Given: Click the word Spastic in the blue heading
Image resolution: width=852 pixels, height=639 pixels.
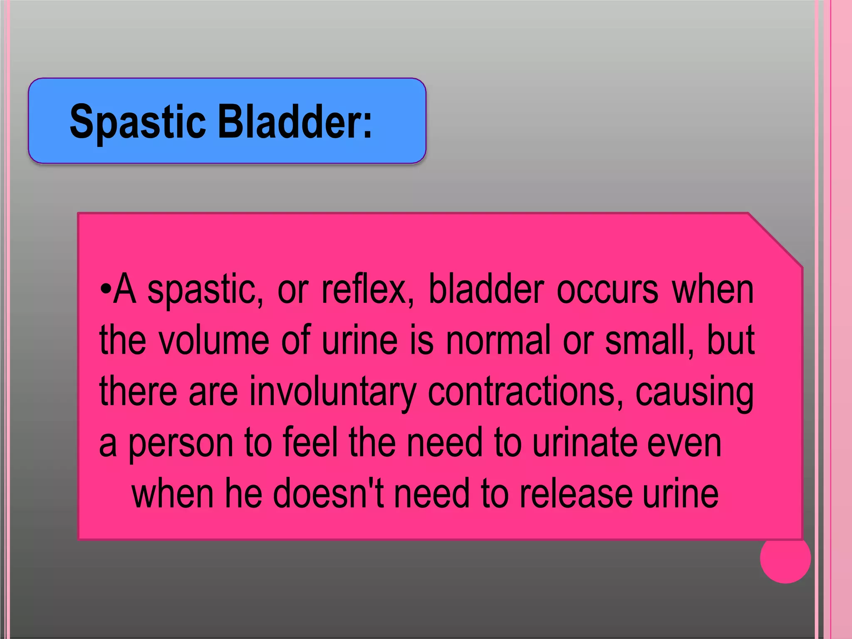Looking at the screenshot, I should [x=137, y=122].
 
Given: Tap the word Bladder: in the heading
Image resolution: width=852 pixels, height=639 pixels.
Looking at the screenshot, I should [x=295, y=121].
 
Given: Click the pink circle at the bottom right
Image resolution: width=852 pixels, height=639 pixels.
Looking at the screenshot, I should [x=785, y=558].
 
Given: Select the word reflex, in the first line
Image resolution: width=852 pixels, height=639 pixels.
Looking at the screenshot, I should [x=368, y=290].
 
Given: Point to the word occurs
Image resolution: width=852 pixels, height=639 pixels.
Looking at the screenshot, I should [x=607, y=290].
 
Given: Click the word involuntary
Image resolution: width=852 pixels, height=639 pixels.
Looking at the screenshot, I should [x=332, y=392].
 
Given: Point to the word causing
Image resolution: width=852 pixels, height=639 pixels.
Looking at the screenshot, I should [x=694, y=392].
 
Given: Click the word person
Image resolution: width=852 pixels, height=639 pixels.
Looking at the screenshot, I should [x=181, y=443].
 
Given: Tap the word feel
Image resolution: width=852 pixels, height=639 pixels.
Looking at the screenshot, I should [x=310, y=443].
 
